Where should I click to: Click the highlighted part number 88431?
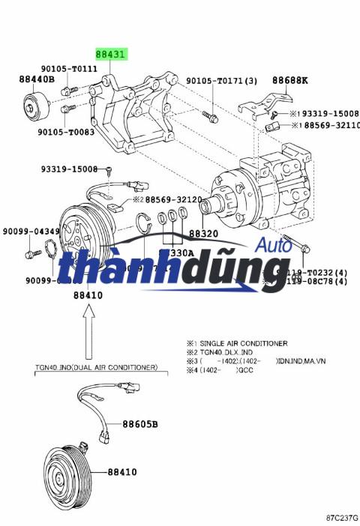pyautogui.click(x=111, y=55)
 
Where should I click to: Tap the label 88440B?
pyautogui.click(x=37, y=79)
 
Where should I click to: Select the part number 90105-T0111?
pyautogui.click(x=75, y=68)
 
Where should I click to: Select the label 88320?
pyautogui.click(x=202, y=234)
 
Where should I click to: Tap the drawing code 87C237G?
pyautogui.click(x=342, y=517)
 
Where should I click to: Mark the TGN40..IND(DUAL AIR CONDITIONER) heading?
pyautogui.click(x=96, y=367)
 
